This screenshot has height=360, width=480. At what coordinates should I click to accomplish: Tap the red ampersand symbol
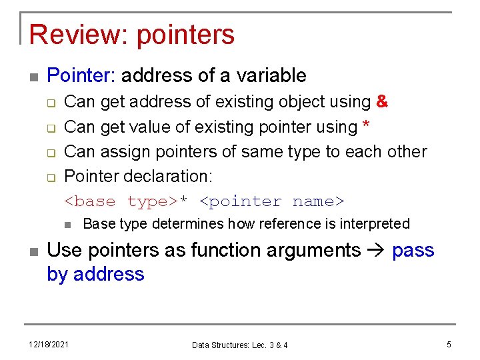point(382,102)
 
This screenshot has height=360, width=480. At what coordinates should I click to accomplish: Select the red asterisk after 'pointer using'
point(367,126)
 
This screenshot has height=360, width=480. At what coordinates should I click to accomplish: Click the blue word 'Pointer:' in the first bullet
point(81,75)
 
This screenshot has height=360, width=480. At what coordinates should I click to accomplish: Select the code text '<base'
point(89,201)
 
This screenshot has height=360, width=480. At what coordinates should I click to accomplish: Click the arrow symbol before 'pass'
point(377,251)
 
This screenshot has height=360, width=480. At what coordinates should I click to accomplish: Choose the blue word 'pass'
point(413,251)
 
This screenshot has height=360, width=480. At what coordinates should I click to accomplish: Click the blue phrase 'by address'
point(95,274)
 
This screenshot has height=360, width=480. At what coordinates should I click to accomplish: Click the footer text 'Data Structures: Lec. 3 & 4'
point(239,345)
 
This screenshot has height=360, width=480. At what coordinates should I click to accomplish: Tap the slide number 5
point(449,344)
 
